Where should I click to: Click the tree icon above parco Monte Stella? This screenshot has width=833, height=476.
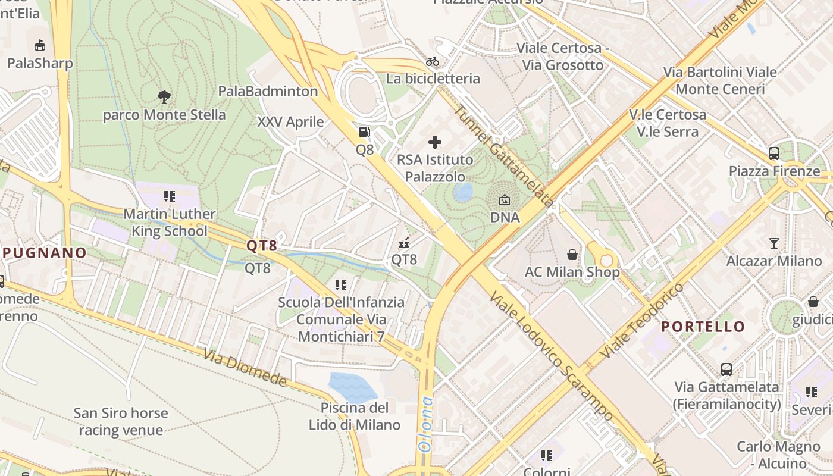pyautogui.click(x=164, y=96)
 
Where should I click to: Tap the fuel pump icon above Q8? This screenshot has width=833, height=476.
pyautogui.click(x=364, y=132)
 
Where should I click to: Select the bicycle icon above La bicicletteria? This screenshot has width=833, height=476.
pyautogui.click(x=433, y=61)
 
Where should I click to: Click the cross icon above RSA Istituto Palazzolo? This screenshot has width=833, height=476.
pyautogui.click(x=435, y=142)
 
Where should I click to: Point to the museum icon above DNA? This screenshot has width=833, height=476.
pyautogui.click(x=505, y=200)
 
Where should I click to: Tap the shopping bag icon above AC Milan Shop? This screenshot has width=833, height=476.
pyautogui.click(x=572, y=255)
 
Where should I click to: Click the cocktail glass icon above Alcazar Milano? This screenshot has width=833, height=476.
pyautogui.click(x=773, y=243)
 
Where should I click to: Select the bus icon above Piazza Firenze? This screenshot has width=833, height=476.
pyautogui.click(x=773, y=154)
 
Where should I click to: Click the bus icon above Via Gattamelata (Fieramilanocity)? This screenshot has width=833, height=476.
pyautogui.click(x=726, y=369)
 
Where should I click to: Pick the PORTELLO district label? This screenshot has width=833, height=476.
pyautogui.click(x=703, y=327)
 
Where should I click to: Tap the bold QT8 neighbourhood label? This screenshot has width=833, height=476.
pyautogui.click(x=262, y=245)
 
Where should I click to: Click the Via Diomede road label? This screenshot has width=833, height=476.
pyautogui.click(x=245, y=368)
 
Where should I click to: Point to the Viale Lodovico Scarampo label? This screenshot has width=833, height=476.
pyautogui.click(x=550, y=356)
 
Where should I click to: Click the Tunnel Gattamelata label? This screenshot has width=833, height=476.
pyautogui.click(x=503, y=156)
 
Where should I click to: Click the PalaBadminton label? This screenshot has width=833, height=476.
pyautogui.click(x=268, y=91)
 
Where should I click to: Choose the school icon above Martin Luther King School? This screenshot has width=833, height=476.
pyautogui.click(x=170, y=196)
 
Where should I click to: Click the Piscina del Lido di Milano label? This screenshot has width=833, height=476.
pyautogui.click(x=354, y=416)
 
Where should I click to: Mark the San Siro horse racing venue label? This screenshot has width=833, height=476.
pyautogui.click(x=121, y=421)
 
